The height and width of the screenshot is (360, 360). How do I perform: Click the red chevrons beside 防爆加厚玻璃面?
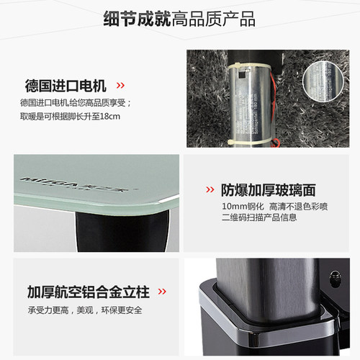tap(210, 191)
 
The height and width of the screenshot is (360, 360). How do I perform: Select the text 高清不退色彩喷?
tap(294, 207)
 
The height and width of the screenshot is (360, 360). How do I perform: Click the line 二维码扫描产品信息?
tap(258, 218)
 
